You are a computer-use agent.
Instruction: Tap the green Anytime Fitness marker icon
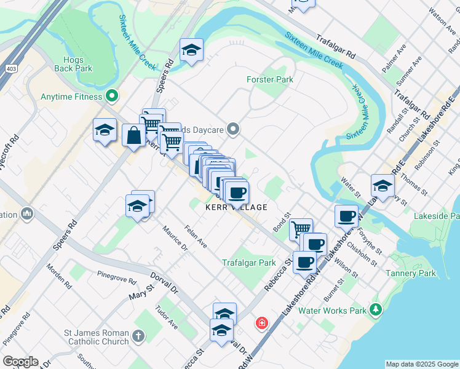pyautogui.click(x=111, y=97)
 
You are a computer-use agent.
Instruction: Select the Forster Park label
pyautogui.click(x=269, y=79)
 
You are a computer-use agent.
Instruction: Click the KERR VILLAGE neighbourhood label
pyautogui.click(x=236, y=208)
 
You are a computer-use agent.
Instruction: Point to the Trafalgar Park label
pyautogui.click(x=249, y=263)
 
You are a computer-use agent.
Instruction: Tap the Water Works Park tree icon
pyautogui.click(x=375, y=310)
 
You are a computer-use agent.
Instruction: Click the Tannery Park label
pyautogui.click(x=410, y=273)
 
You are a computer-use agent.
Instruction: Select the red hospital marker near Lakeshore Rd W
pyautogui.click(x=262, y=323)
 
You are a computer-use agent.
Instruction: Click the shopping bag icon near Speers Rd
pyautogui.click(x=133, y=134)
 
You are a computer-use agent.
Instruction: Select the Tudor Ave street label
pyautogui.click(x=166, y=316)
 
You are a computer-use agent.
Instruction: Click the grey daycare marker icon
pyautogui.click(x=232, y=129)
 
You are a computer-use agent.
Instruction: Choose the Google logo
pyautogui.click(x=21, y=362)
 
